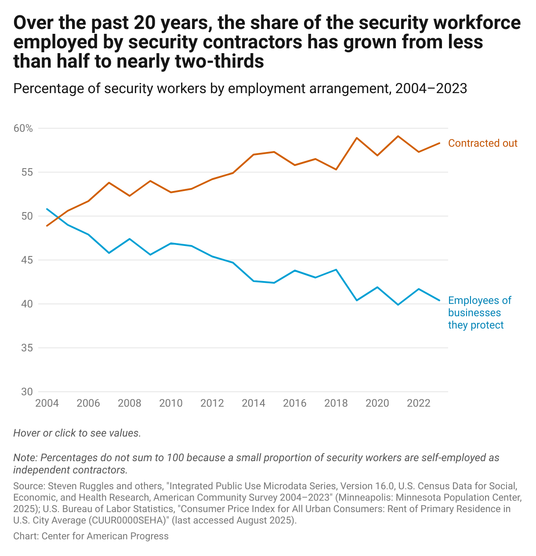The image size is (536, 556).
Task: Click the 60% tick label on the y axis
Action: (x=23, y=128)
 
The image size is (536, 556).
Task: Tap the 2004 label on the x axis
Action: (x=47, y=403)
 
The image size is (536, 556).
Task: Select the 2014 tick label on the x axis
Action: (x=254, y=403)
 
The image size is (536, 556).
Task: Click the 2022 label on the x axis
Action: (x=419, y=403)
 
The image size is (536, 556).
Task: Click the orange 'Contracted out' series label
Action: (x=482, y=143)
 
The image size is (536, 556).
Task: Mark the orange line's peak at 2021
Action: (x=398, y=136)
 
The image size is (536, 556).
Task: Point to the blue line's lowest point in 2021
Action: (x=398, y=304)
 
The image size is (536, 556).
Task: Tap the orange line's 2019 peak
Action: (x=357, y=138)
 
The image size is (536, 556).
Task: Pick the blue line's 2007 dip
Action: (x=109, y=253)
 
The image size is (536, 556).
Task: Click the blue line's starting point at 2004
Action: (x=47, y=209)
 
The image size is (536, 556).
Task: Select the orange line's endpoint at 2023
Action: (x=439, y=143)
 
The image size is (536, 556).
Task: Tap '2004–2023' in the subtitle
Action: (x=431, y=89)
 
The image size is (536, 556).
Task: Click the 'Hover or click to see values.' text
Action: (x=77, y=433)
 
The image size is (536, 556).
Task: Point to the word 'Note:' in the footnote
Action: (x=25, y=458)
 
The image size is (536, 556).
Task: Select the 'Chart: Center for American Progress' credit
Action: (x=91, y=536)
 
